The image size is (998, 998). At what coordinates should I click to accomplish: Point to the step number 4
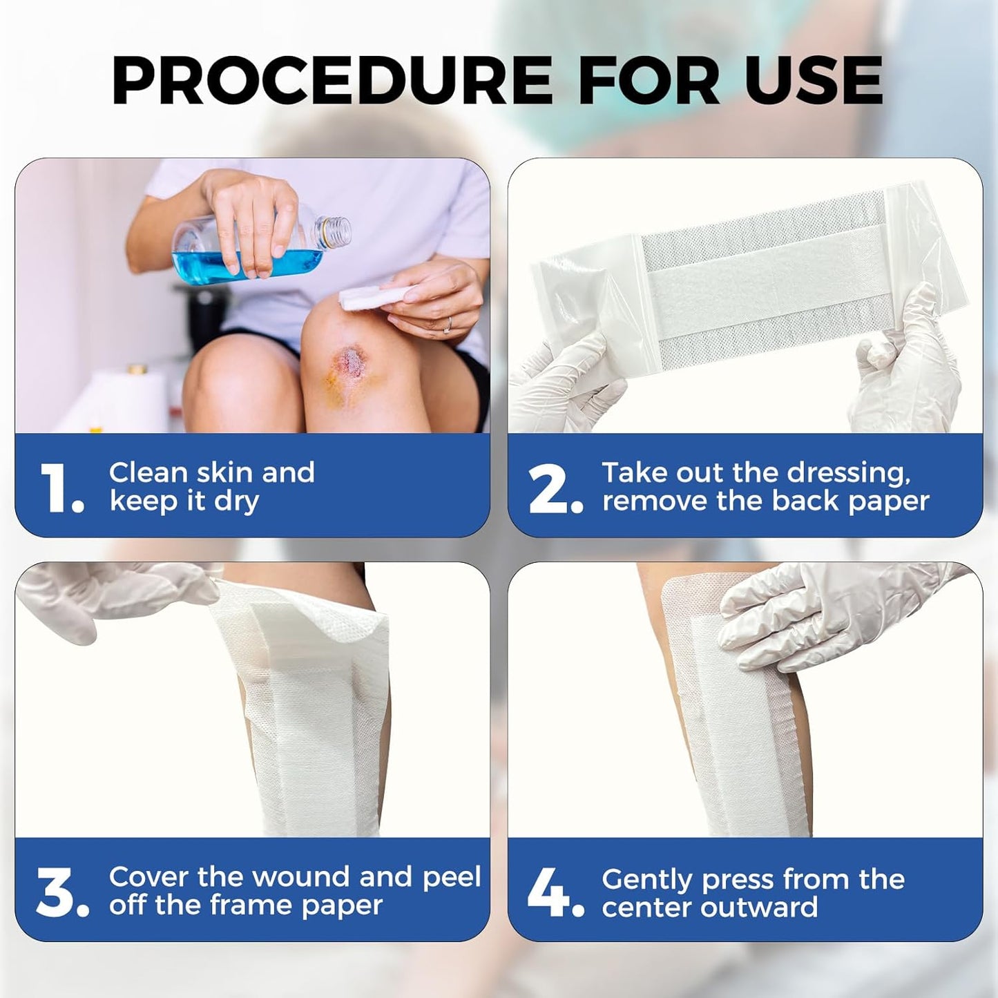click(x=553, y=892)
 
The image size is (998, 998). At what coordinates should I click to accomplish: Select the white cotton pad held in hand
click(x=363, y=298)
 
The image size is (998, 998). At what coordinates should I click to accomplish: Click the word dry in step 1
click(x=236, y=501)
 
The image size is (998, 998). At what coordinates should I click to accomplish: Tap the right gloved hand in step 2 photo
click(x=905, y=373)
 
